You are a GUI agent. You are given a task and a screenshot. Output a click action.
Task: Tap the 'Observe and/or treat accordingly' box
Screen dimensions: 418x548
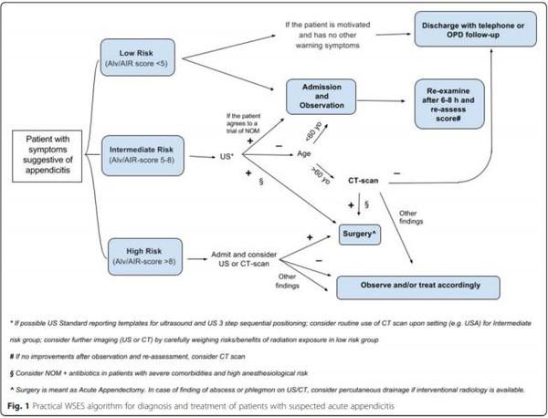click(431, 285)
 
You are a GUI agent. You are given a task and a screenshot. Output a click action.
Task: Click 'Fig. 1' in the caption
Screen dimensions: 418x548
click(21, 402)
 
